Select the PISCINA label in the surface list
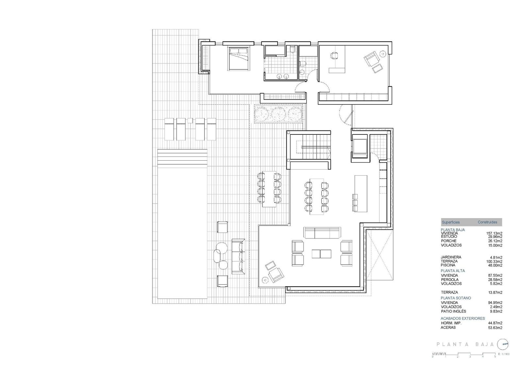pos(448,265)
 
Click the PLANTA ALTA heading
pos(453,271)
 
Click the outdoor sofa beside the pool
pos(238,256)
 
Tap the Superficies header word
pos(451,222)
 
